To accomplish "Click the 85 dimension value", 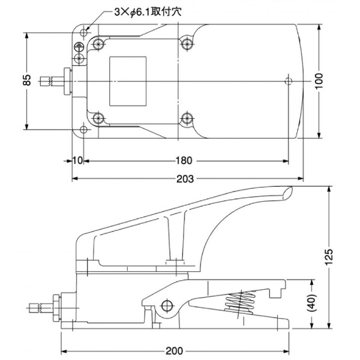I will point(27,80).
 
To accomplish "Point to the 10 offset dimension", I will point(77,161).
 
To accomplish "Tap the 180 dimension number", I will point(184,161).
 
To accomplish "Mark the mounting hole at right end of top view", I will point(289,80).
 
